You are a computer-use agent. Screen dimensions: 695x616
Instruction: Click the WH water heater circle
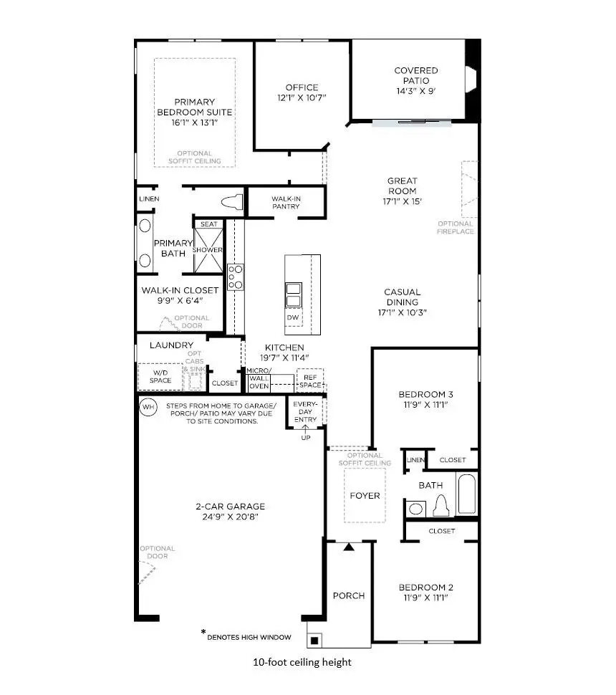pyautogui.click(x=148, y=408)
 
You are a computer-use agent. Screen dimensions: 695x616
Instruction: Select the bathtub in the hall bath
pyautogui.click(x=466, y=494)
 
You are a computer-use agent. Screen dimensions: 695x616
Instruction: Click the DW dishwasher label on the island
pyautogui.click(x=292, y=317)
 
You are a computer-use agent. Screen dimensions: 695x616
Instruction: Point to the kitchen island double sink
pyautogui.click(x=293, y=294)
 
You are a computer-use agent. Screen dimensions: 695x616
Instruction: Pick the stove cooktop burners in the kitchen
pyautogui.click(x=236, y=277)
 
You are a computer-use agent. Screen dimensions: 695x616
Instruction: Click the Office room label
pyautogui.click(x=302, y=87)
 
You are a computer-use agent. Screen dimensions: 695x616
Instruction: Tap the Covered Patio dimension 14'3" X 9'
pyautogui.click(x=416, y=92)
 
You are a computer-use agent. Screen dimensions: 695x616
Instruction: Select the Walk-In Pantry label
pyautogui.click(x=285, y=202)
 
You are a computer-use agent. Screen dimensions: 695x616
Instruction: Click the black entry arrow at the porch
pyautogui.click(x=348, y=547)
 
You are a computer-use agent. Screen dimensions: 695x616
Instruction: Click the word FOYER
pyautogui.click(x=365, y=495)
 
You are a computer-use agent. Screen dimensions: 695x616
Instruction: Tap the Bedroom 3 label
pyautogui.click(x=425, y=394)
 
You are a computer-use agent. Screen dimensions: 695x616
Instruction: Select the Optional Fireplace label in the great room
pyautogui.click(x=456, y=228)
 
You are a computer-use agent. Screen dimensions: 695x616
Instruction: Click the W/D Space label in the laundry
pyautogui.click(x=160, y=376)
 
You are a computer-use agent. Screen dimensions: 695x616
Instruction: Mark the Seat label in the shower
pyautogui.click(x=208, y=224)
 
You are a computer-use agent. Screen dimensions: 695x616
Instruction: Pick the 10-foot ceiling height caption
pyautogui.click(x=302, y=662)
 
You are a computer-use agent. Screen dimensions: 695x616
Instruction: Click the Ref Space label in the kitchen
pyautogui.click(x=310, y=381)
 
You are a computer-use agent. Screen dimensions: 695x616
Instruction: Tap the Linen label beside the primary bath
pyautogui.click(x=150, y=198)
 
